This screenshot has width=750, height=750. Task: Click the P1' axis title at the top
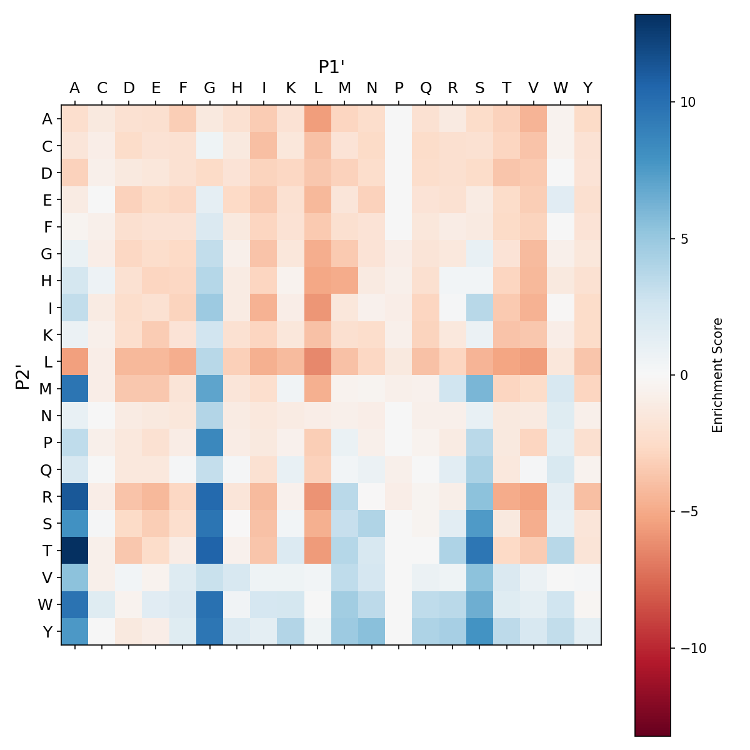click(x=332, y=67)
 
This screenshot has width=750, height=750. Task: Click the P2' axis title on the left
click(x=22, y=375)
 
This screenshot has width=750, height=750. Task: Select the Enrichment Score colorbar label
click(x=717, y=375)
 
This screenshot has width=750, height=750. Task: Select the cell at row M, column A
click(x=75, y=388)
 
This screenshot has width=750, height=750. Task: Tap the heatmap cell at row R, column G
click(x=210, y=496)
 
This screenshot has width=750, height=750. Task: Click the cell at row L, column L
click(x=318, y=361)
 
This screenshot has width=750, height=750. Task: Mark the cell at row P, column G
click(x=210, y=442)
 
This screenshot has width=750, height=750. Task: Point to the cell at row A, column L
click(x=318, y=119)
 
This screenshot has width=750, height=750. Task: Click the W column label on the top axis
click(x=561, y=88)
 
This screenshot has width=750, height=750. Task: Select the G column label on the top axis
click(x=210, y=88)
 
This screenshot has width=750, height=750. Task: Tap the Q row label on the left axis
click(x=47, y=469)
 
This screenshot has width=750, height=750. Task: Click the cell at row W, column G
click(x=210, y=604)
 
